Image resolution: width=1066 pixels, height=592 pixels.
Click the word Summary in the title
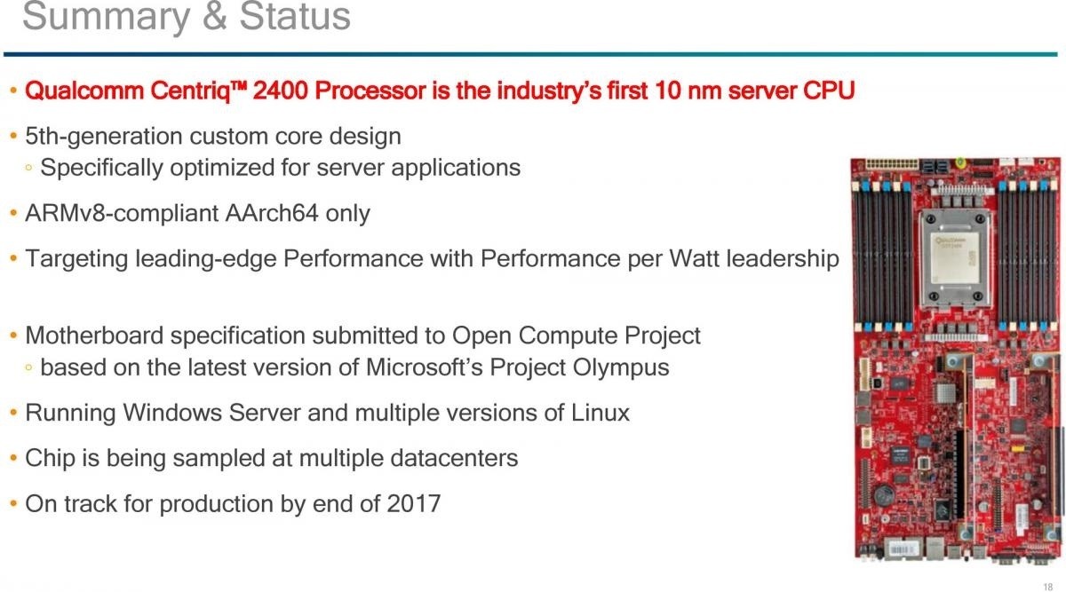106,18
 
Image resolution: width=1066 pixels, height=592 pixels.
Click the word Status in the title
295,16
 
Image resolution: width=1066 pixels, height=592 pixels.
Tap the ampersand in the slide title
215,16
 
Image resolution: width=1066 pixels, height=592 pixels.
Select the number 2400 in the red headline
281,91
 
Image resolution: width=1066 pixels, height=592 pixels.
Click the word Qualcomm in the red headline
84,91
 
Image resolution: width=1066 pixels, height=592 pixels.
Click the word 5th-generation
103,137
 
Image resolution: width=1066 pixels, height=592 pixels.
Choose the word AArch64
271,213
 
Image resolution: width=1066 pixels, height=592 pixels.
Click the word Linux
601,413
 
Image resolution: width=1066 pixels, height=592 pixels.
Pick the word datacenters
454,458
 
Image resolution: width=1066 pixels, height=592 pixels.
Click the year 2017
414,504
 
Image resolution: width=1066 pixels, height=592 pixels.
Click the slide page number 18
1047,587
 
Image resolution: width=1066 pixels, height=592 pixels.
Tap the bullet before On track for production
14,503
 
